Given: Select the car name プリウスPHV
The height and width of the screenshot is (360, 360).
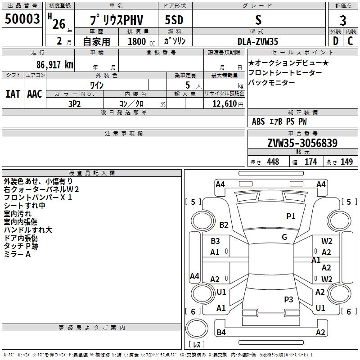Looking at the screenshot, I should click(x=116, y=20).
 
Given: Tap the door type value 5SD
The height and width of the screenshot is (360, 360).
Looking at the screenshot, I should click(x=174, y=20).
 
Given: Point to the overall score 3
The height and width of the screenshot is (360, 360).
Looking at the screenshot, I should click(x=343, y=20).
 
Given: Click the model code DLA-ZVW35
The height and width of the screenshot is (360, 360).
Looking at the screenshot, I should click(x=258, y=41).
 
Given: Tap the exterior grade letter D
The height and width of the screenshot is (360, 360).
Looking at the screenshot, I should click(x=335, y=41).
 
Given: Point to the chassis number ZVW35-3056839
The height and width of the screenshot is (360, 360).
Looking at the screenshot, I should click(x=302, y=143).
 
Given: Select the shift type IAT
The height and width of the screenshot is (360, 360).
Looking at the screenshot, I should click(x=13, y=94).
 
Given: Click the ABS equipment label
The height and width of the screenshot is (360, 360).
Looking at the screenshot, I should click(x=258, y=121).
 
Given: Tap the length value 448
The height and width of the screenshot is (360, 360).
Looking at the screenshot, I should click(x=273, y=162).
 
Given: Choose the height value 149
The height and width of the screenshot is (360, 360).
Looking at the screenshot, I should click(x=346, y=162).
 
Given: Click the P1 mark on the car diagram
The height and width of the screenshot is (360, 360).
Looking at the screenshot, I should click(x=291, y=216).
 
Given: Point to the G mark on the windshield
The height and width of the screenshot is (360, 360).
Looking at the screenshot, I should click(x=284, y=237).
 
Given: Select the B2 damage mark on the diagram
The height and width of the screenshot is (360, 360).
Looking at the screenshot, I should click(x=224, y=225).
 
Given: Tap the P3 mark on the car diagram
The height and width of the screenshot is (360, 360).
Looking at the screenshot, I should click(x=288, y=299).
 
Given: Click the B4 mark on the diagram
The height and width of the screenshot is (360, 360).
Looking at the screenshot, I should click(x=221, y=333).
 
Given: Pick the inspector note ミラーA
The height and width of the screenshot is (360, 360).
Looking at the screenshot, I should click(x=17, y=255).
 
